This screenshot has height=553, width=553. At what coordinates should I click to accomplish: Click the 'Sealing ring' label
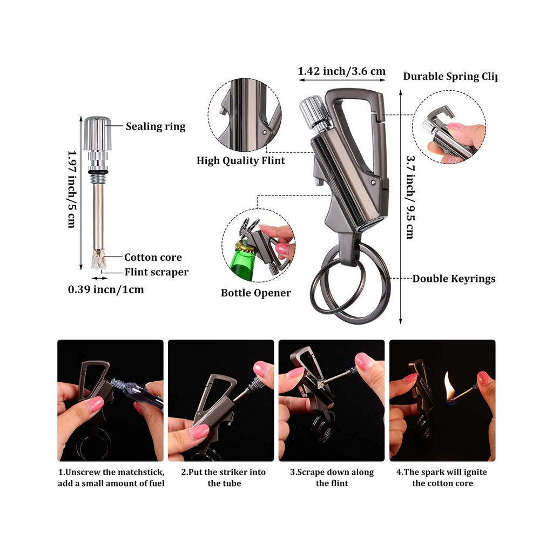coord(156,126)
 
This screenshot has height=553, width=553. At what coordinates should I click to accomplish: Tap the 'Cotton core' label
coord(153,258)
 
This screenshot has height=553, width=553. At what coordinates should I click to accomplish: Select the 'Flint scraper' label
coord(157,272)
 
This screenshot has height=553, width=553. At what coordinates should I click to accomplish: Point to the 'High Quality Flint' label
coord(240,160)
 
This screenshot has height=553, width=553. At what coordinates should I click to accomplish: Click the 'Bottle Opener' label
coord(255,293)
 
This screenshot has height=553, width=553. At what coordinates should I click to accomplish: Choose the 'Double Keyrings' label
coord(454,279)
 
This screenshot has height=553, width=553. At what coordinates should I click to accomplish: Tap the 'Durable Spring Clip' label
coord(449,76)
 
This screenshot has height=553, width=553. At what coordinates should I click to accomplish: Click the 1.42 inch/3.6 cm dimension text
coord(342,71)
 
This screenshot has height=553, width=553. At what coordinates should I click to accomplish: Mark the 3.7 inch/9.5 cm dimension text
coord(410,197)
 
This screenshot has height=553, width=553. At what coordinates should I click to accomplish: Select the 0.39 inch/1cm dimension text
coord(106,289)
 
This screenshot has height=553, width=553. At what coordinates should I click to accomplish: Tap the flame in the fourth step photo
coord(449,385)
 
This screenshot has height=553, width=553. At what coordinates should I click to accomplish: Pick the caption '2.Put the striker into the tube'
coord(224,477)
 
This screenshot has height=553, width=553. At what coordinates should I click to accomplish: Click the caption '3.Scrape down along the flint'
coord(332,477)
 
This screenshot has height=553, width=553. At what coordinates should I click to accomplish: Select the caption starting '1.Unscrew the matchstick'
coord(111,477)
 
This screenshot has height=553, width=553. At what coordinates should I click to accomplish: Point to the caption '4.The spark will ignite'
coord(442,477)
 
